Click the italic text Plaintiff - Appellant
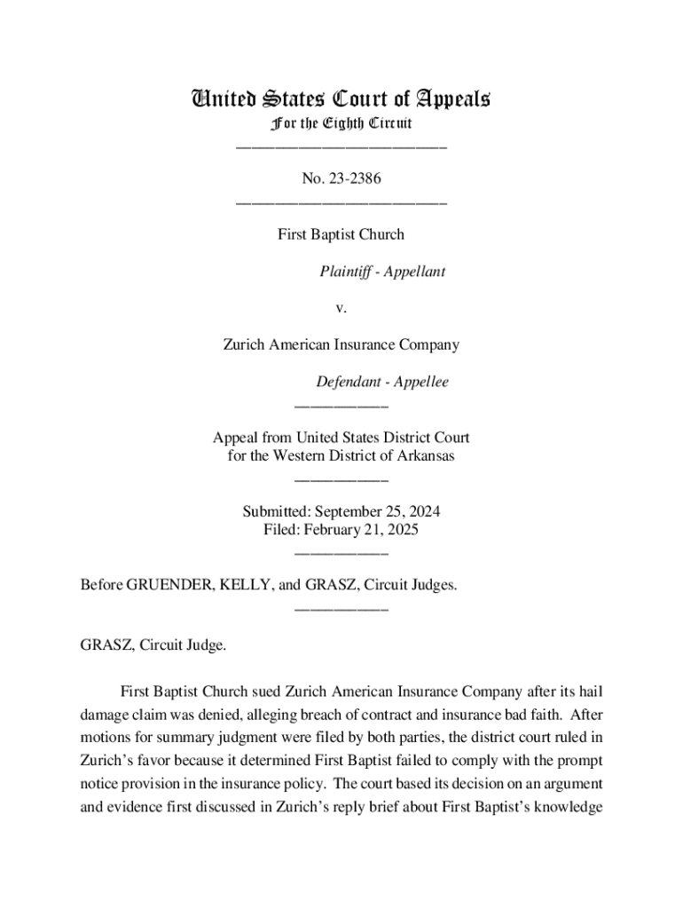coord(382,272)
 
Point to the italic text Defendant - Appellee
coord(382,382)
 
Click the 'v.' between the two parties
coord(341,309)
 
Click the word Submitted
coord(278,512)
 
